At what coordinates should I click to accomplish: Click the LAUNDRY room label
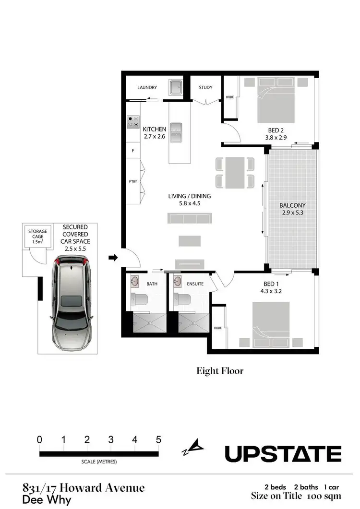147,88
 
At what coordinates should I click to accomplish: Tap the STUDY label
205,88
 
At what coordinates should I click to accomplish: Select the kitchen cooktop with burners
133,122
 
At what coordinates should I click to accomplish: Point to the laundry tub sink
176,88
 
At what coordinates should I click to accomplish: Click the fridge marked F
132,151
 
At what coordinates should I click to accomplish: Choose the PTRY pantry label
133,182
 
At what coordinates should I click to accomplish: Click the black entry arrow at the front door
113,258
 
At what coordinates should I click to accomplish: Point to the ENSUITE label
195,284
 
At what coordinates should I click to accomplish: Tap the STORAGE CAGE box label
37,235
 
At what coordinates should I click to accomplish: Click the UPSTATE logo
283,453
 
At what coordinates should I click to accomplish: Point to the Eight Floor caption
220,371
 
